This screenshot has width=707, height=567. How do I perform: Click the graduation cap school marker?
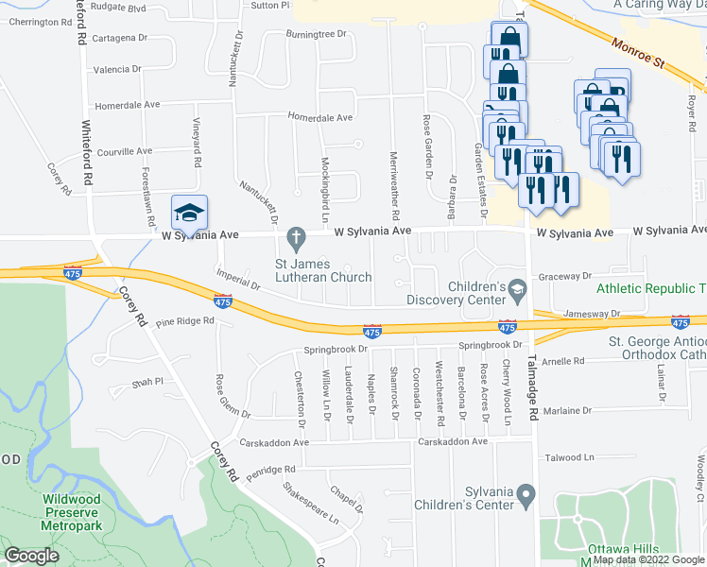coord(190,215)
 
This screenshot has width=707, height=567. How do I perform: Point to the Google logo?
coord(31,556)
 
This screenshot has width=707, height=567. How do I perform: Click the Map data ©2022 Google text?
coord(648,559)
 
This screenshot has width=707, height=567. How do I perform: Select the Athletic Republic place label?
coord(650,288)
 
